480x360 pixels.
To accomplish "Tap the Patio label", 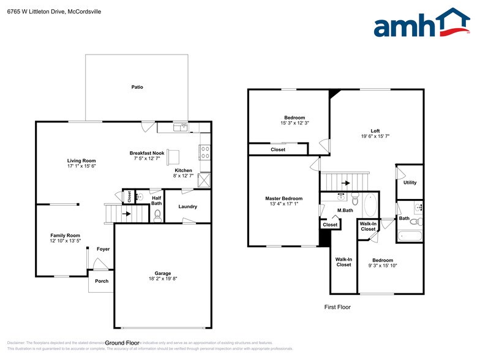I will pos(137,88).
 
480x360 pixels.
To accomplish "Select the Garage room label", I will pos(162,273).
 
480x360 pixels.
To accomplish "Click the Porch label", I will pos(102,282).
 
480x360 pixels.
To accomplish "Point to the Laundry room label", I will pos(187,206).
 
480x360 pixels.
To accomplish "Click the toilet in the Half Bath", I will pos(157,214).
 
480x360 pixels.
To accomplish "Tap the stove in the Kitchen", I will pos(205,152).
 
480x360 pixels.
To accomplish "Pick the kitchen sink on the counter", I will pos(181,127).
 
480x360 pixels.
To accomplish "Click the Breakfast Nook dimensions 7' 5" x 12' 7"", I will pos(146,159).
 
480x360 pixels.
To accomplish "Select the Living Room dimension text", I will pos(81,166).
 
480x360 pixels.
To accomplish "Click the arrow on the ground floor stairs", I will pos(127,214).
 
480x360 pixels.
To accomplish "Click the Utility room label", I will pos(410,182).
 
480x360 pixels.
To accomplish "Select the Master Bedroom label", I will pos(283,198).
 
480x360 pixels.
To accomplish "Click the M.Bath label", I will pos(345,211).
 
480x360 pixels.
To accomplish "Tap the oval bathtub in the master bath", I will pos(369,204).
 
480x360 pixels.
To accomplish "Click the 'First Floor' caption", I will pos(337,307).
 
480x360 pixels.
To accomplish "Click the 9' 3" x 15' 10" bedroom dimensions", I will pos(383,266).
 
